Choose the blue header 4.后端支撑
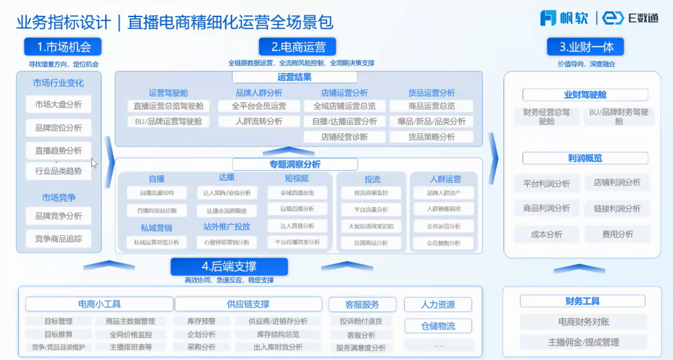pyautogui.click(x=229, y=267)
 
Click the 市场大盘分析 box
pyautogui.click(x=58, y=104)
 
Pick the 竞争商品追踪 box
pyautogui.click(x=58, y=238)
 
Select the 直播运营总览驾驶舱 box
pyautogui.click(x=168, y=106)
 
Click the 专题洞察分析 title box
pyautogui.click(x=295, y=164)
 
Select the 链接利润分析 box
pyautogui.click(x=616, y=208)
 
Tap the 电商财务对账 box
pyautogui.click(x=584, y=322)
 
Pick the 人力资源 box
pyautogui.click(x=438, y=305)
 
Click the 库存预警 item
pyautogui.click(x=202, y=321)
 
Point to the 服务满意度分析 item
pyautogui.click(x=361, y=348)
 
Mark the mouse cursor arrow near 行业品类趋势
pyautogui.click(x=94, y=163)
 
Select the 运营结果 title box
pyautogui.click(x=295, y=78)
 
